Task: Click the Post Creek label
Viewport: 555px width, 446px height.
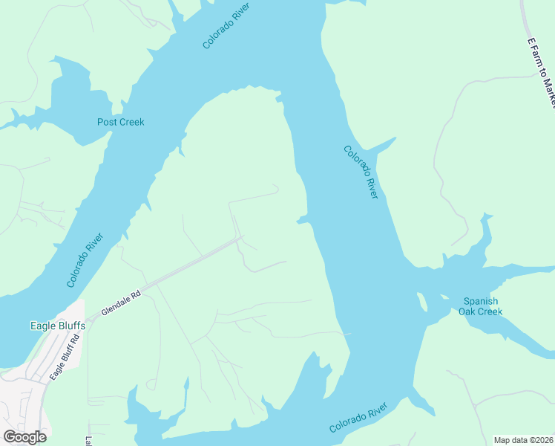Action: tap(121, 122)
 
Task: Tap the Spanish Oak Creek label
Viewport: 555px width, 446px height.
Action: tap(482, 306)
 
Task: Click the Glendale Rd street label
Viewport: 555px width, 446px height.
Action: tap(121, 304)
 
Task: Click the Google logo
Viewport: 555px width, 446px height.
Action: tap(25, 437)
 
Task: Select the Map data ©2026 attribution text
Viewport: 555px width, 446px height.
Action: tap(523, 439)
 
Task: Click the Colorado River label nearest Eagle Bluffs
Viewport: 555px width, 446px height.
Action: tap(85, 260)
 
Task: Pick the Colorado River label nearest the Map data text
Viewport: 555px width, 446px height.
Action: tap(358, 419)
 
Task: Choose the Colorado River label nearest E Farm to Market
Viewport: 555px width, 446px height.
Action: tap(361, 171)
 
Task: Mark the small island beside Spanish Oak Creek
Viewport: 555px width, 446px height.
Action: tap(421, 302)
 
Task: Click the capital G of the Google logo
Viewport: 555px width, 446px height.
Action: tap(10, 437)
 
